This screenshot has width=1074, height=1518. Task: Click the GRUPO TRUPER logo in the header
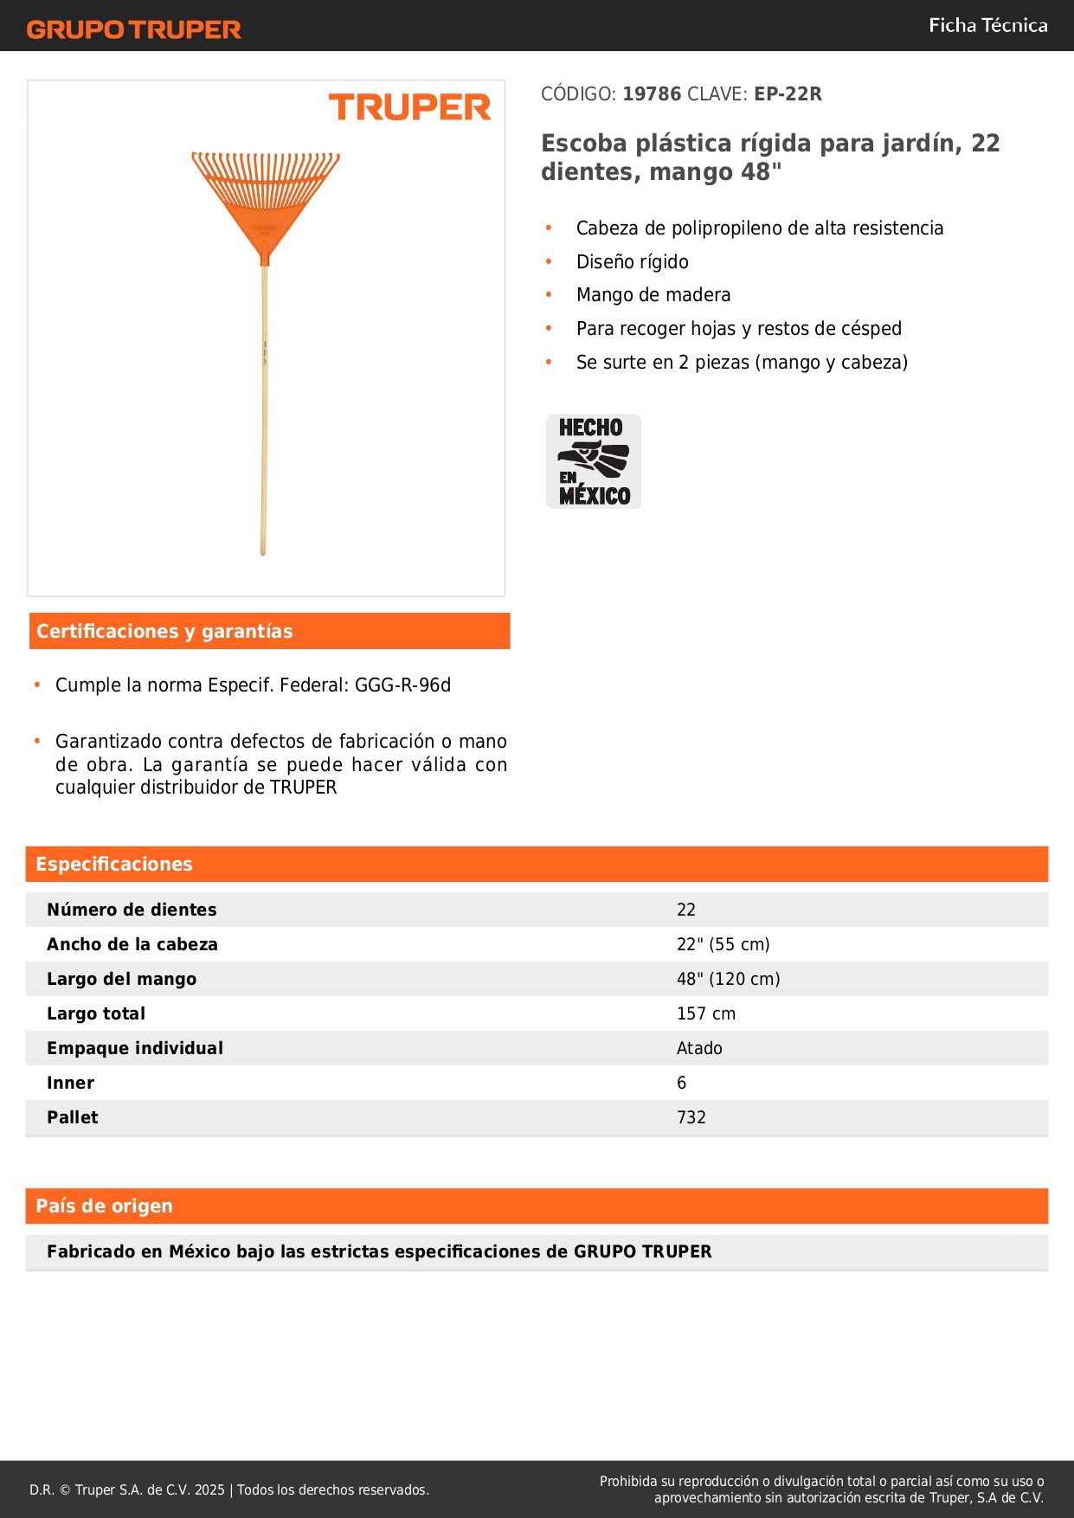point(133,29)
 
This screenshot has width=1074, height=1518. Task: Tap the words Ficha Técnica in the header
point(987,25)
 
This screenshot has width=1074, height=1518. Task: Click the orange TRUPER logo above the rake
point(409,107)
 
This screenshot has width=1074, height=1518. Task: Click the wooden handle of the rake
point(264,407)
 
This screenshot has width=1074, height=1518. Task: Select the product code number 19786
point(652,94)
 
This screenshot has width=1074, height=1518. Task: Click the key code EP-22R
point(788,94)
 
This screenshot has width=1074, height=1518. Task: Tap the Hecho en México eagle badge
point(594,461)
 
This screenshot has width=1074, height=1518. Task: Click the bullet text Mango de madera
point(653,295)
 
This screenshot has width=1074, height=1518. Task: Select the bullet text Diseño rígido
point(633,262)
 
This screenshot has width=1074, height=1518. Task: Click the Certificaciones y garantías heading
point(164,632)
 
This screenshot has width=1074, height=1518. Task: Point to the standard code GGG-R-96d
point(402,685)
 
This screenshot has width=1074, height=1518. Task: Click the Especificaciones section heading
point(114,865)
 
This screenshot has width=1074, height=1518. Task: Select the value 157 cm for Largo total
point(706,1013)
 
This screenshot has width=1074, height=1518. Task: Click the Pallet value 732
point(691,1117)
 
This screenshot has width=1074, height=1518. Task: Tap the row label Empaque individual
point(135,1048)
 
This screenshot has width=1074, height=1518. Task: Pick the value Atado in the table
point(699,1048)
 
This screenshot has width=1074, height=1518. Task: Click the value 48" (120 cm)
point(728,979)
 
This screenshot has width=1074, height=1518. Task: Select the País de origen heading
point(104,1206)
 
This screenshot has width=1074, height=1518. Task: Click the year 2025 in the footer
point(209,1489)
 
